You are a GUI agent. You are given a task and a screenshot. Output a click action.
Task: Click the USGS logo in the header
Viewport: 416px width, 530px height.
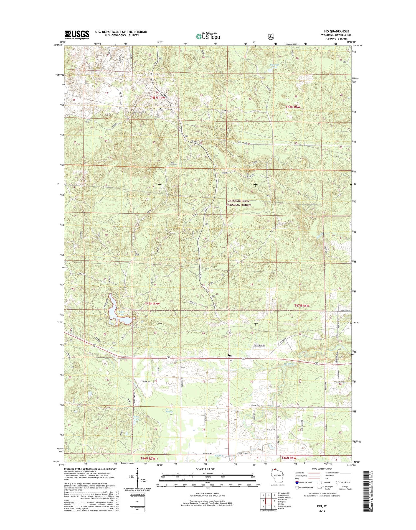(x=77, y=34)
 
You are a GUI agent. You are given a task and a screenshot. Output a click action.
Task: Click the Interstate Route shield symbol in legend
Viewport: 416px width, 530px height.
(x=297, y=482)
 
